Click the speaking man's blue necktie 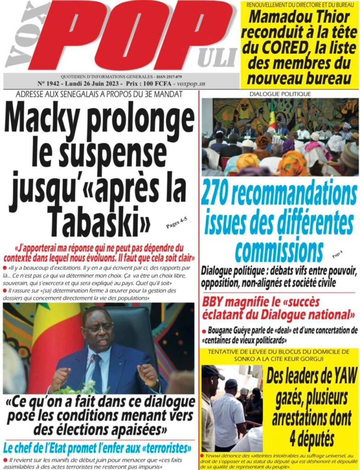(x=97, y=375)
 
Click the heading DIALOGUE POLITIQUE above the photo (x=280, y=94)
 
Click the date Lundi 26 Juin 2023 (x=96, y=84)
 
